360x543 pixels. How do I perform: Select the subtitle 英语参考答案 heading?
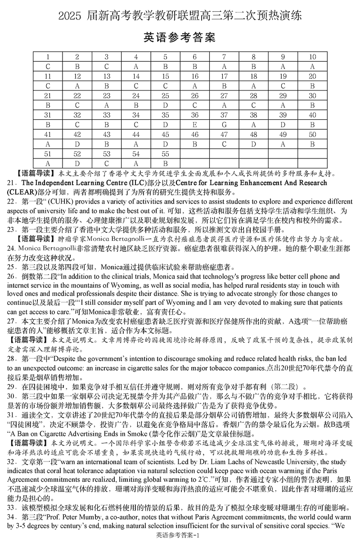[180, 37]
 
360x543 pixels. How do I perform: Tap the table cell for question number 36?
[195, 115]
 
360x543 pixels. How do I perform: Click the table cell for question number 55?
[165, 154]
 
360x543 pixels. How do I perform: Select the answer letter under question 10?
[312, 66]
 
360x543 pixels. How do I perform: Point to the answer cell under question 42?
[77, 144]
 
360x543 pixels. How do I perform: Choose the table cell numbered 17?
[224, 76]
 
